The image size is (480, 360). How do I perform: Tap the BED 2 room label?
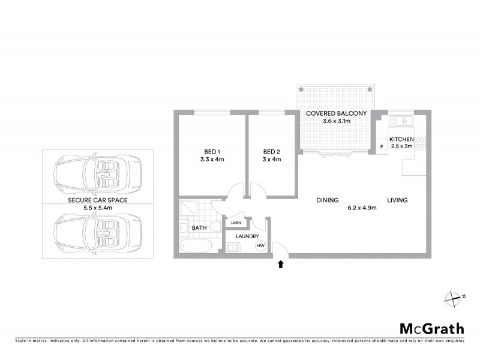pos(272,151)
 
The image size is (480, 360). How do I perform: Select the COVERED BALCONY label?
pos(336,113)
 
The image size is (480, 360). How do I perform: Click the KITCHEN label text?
pos(401,139)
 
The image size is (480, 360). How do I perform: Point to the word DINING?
pos(328,200)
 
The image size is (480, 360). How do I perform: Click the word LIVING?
pos(397,200)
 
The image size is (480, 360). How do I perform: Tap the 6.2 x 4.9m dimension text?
pos(362,208)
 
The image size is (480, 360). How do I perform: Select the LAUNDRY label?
pos(247,236)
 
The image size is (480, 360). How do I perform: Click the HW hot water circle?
pos(260,246)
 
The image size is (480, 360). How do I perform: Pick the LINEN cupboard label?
pos(235,223)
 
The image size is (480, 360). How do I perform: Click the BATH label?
pos(199,229)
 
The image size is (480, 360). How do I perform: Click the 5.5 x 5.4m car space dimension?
pos(97,207)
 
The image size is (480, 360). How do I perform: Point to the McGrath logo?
pos(432,328)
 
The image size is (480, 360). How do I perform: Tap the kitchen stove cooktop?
pos(421,143)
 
